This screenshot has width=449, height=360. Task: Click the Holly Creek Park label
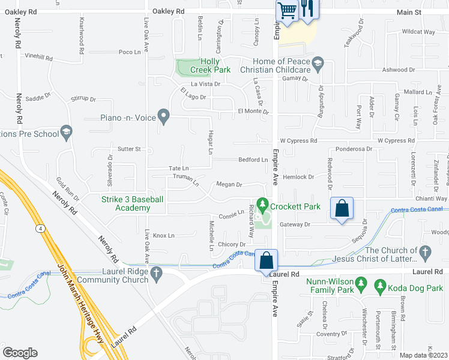click(215, 65)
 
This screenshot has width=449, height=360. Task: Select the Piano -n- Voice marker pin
click(163, 114)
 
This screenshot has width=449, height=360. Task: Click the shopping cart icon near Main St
click(287, 10)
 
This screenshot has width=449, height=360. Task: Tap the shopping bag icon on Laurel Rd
click(266, 260)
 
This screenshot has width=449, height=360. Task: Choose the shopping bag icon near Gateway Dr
click(342, 208)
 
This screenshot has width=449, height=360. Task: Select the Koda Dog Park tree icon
click(380, 287)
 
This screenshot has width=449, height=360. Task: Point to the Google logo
click(20, 353)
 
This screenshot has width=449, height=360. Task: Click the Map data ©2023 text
click(423, 355)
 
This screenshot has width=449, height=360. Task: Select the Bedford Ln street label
click(253, 160)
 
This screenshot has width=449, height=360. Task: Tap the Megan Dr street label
click(229, 185)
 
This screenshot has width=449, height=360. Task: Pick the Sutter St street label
click(128, 148)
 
